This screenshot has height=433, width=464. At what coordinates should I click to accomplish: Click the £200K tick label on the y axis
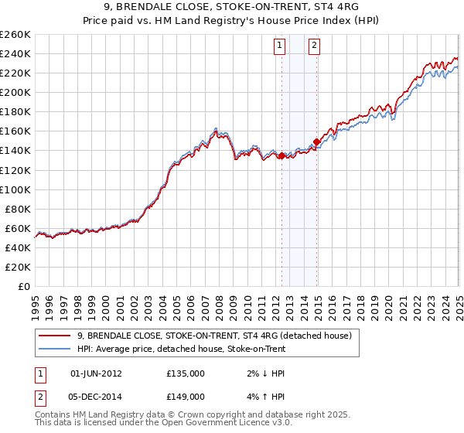(x=15, y=92)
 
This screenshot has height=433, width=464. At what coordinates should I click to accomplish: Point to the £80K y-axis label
(x=18, y=209)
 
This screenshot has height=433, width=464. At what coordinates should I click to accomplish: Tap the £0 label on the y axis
(x=24, y=286)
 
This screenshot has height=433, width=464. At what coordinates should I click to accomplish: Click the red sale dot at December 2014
(x=316, y=141)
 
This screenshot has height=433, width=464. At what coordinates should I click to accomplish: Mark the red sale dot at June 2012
(x=281, y=155)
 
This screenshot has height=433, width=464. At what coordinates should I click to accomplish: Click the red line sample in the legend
(x=56, y=336)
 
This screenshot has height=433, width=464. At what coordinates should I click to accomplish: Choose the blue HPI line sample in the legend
(x=56, y=348)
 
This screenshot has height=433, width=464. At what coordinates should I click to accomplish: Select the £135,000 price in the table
(x=186, y=373)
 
